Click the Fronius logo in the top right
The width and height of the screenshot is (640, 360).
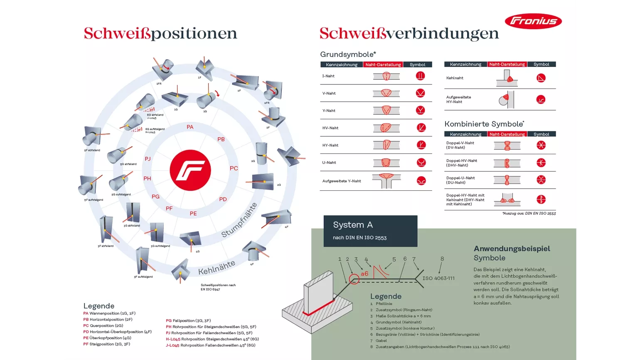(x=533, y=21)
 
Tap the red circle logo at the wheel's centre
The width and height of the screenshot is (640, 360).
(x=190, y=170)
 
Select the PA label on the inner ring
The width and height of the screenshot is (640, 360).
(x=190, y=127)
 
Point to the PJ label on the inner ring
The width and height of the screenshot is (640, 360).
(x=148, y=159)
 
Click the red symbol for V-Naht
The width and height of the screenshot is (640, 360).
(x=421, y=93)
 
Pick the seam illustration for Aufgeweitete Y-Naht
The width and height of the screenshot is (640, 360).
(x=386, y=181)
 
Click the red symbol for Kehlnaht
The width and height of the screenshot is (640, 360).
(x=541, y=78)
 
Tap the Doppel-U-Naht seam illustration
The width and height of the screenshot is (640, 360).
(x=507, y=180)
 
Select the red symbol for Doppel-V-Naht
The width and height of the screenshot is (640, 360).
(x=541, y=145)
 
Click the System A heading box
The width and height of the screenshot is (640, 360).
(x=370, y=231)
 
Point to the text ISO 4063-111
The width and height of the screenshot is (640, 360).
(x=438, y=278)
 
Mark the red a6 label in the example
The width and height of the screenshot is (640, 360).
(x=364, y=274)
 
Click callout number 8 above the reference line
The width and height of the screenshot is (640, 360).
(x=442, y=259)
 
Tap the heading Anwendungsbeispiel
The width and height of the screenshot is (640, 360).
(x=512, y=249)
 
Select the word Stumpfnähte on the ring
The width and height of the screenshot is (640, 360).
(x=239, y=220)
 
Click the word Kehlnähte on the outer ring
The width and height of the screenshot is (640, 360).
(x=217, y=268)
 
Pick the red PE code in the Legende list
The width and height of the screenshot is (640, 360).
(x=86, y=338)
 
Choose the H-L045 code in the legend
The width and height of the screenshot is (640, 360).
(x=173, y=339)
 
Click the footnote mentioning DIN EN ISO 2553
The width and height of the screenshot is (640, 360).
(x=529, y=213)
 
